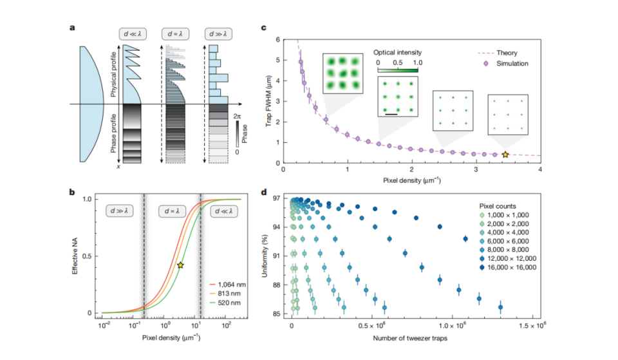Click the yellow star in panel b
pyautogui.click(x=180, y=265)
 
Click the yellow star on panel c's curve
pyautogui.click(x=505, y=155)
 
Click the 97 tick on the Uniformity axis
pyautogui.click(x=275, y=200)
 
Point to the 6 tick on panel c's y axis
pyautogui.click(x=277, y=40)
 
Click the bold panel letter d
pyautogui.click(x=263, y=191)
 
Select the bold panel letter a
pyautogui.click(x=72, y=28)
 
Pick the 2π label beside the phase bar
pyautogui.click(x=239, y=117)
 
